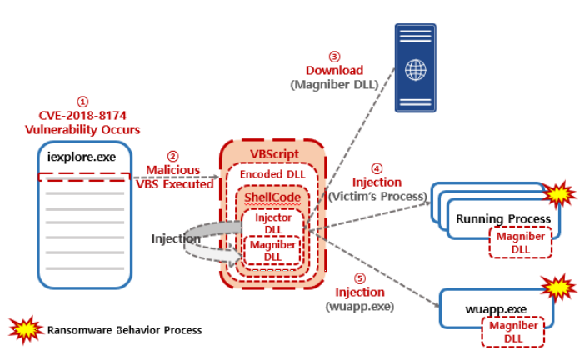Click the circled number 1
pos(82,101)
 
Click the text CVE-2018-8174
pos(82,116)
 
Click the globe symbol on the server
pos(415,69)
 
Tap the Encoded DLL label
pos(272,174)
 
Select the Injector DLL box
pos(272,222)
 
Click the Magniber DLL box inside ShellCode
pos(272,251)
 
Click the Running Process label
pos(502,218)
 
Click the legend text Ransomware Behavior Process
pos(123,330)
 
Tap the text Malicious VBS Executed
pos(173,177)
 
